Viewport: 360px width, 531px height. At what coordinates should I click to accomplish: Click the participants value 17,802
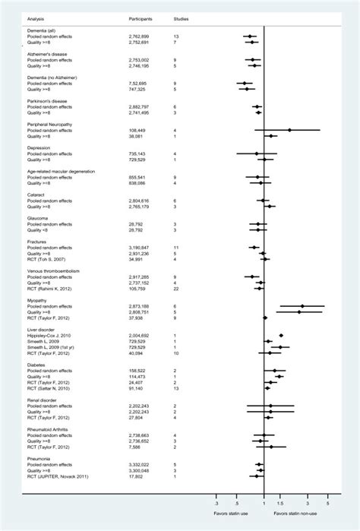[x=141, y=476]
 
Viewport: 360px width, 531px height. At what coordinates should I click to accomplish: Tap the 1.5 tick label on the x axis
[x=281, y=503]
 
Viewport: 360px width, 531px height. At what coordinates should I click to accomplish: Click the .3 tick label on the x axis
[x=216, y=503]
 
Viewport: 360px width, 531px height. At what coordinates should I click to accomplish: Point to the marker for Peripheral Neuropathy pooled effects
[x=289, y=130]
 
